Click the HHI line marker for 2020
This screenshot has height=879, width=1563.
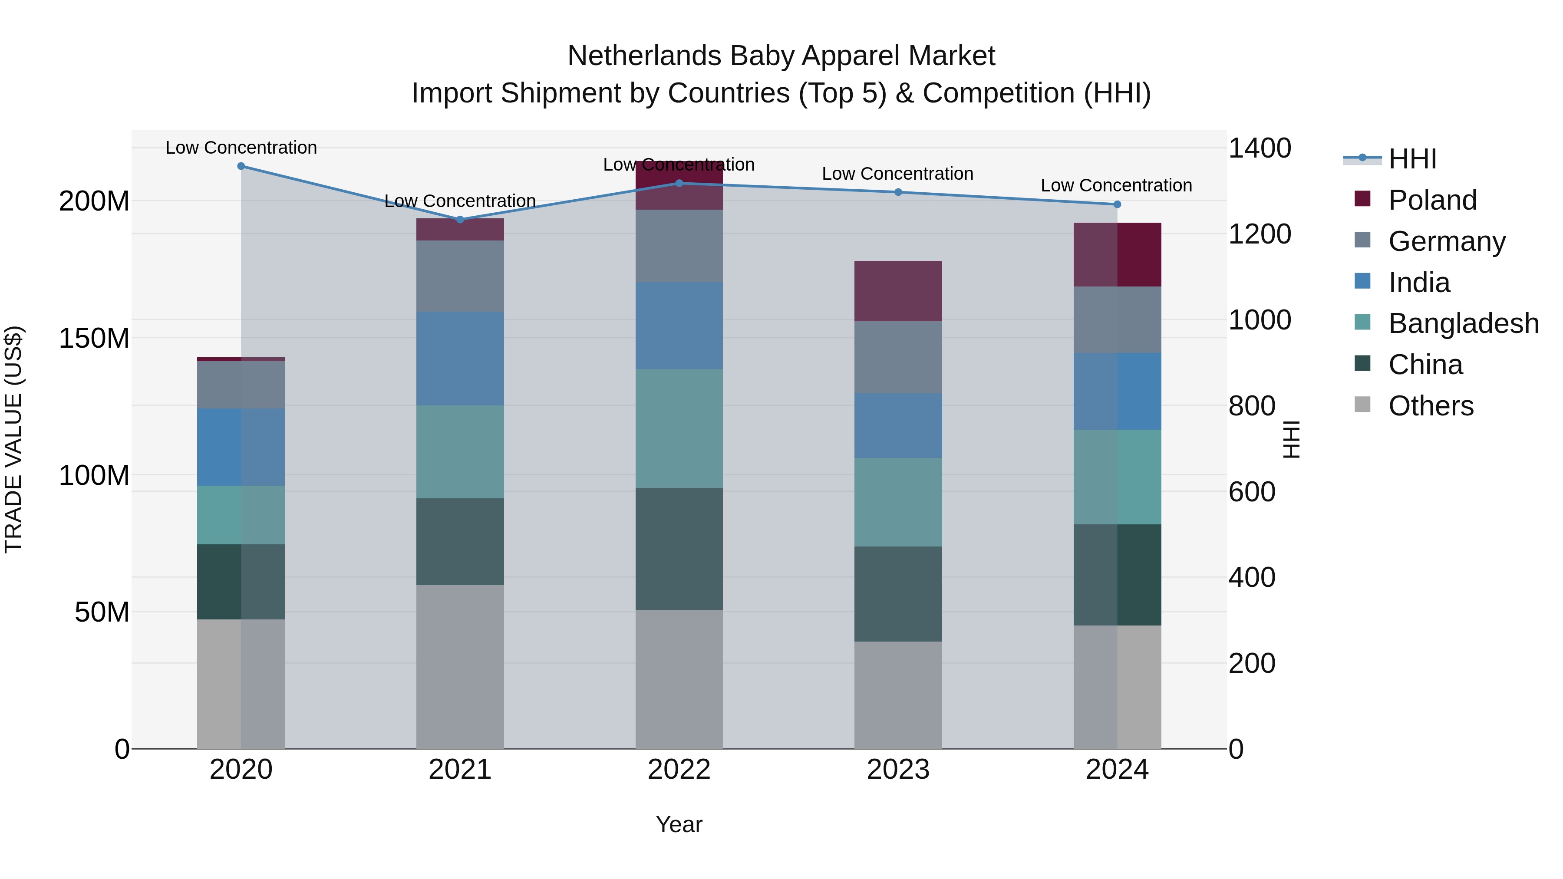(x=241, y=166)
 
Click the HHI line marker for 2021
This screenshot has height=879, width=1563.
(x=460, y=220)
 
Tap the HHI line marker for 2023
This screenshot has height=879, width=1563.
(x=898, y=192)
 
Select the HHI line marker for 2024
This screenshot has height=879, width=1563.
(x=1117, y=204)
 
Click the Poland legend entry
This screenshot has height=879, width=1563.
(x=1432, y=200)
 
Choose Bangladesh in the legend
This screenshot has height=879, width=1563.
(x=1462, y=323)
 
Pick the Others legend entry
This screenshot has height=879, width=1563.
(x=1430, y=406)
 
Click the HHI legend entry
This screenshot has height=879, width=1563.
(x=1412, y=159)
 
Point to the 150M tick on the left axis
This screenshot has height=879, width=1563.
(x=94, y=338)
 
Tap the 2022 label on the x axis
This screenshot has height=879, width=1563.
(x=679, y=770)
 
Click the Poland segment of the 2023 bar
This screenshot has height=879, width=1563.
(x=898, y=291)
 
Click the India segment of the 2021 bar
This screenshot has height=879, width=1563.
(x=460, y=359)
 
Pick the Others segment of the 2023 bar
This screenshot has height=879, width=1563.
(x=898, y=695)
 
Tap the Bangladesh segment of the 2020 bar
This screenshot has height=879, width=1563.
(x=241, y=515)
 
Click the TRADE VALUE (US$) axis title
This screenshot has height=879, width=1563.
(x=13, y=439)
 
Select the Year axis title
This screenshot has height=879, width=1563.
(x=679, y=824)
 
